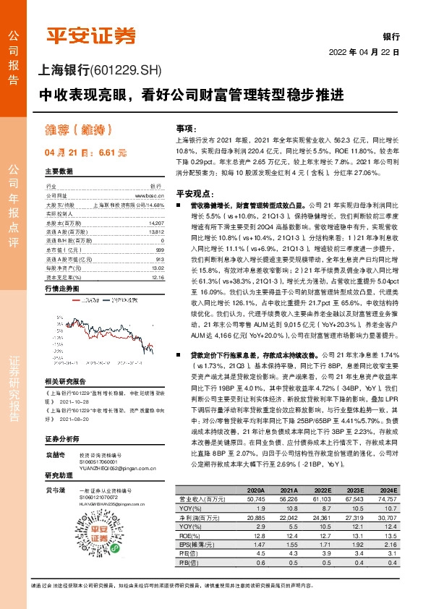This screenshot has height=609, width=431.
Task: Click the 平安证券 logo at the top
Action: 90,35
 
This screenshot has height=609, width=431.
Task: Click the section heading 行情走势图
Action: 62,289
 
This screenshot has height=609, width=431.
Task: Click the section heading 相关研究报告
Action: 65,381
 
